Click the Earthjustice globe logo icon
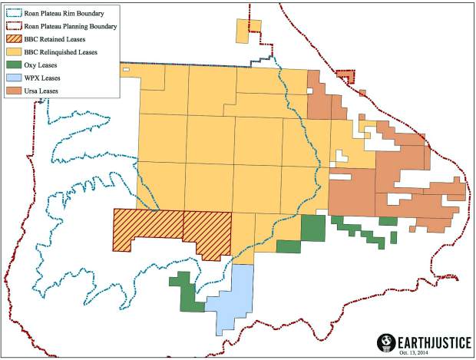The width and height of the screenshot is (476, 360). (x=386, y=342)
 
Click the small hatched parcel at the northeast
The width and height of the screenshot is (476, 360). (x=346, y=76)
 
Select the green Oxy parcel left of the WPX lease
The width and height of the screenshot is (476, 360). (x=187, y=292)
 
